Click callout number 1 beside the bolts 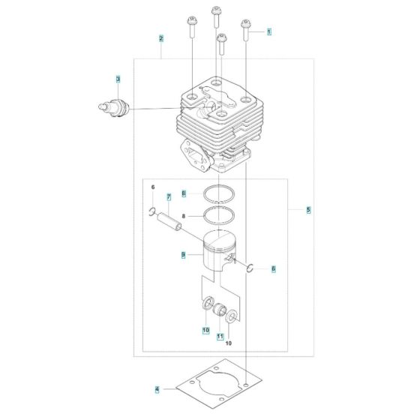click(268, 32)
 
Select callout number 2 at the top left click(160, 37)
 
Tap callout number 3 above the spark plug click(118, 79)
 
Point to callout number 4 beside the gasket click(157, 389)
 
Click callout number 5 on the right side click(308, 211)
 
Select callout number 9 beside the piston click(183, 255)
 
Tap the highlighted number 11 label click(220, 337)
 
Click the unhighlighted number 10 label click(229, 343)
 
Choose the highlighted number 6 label click(273, 268)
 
